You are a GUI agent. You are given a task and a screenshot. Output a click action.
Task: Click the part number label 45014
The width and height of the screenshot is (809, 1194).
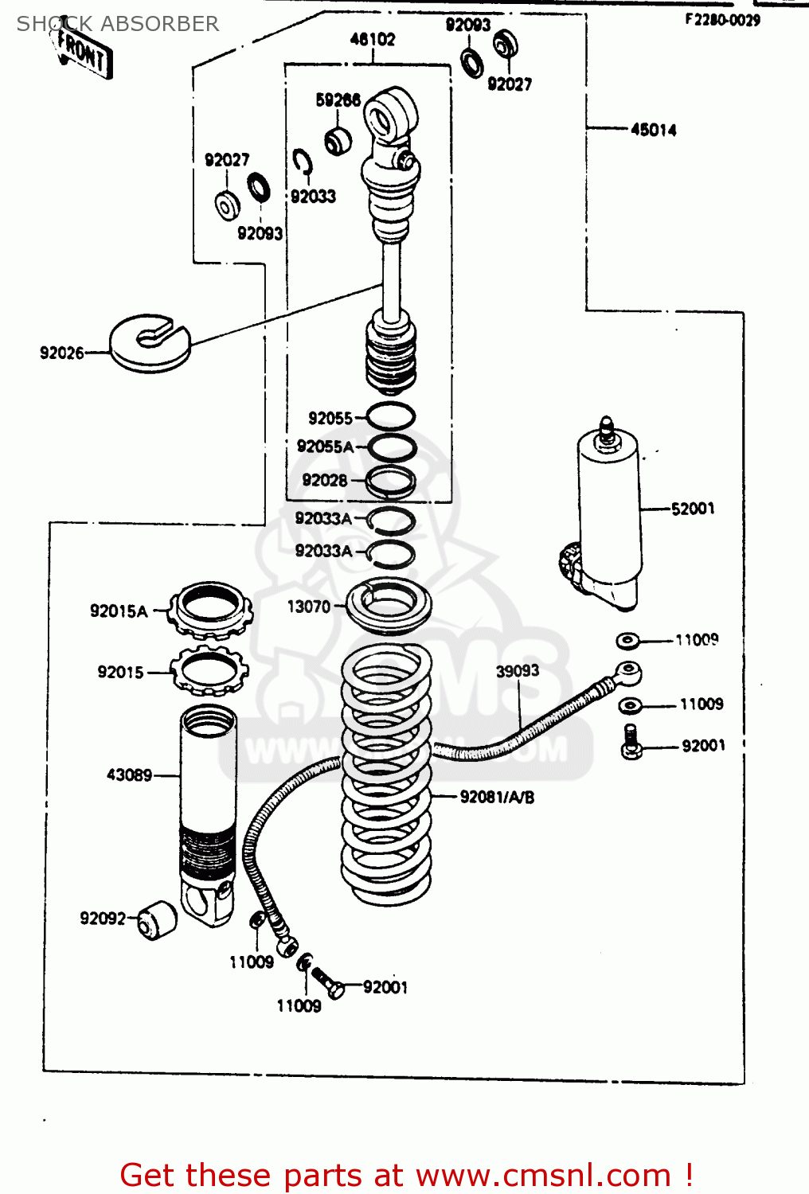click(x=653, y=130)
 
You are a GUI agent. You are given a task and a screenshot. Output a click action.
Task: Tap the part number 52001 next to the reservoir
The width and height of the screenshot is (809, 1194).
click(x=693, y=509)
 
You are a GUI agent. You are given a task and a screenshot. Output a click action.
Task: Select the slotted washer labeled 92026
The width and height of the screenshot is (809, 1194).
click(x=150, y=343)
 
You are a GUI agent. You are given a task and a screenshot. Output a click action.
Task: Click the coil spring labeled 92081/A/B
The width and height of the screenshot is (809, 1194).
click(x=386, y=776)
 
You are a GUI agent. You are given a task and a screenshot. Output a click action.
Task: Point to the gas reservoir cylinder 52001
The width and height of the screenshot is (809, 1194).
click(x=608, y=517)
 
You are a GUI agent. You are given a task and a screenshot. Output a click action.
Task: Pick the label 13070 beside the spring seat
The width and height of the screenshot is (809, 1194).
click(x=308, y=607)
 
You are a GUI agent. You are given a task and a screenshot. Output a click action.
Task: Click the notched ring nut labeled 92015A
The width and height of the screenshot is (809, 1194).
click(x=212, y=609)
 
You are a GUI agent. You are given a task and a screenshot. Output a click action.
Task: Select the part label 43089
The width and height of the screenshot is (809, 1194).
click(x=129, y=775)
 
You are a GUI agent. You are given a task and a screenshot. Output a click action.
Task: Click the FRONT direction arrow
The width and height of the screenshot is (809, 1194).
click(x=84, y=52)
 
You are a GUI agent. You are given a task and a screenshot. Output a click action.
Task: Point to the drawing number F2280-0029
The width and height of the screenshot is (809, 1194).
click(x=722, y=20)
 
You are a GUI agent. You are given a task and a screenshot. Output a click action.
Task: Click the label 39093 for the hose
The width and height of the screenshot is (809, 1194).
click(x=518, y=671)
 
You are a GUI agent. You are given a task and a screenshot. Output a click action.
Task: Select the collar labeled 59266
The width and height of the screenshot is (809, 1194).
click(x=338, y=141)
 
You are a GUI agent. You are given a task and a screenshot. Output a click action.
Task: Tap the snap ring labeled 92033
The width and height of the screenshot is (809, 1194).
click(x=302, y=162)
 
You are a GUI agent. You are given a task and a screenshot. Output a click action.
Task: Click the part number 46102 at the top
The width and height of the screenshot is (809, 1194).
click(x=372, y=39)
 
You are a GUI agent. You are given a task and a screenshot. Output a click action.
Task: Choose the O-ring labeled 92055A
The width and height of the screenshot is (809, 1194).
click(x=391, y=447)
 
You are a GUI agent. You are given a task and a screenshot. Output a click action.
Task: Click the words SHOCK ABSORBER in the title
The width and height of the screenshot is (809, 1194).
click(x=118, y=24)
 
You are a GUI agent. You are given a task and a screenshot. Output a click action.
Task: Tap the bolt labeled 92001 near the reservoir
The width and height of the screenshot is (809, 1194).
click(x=631, y=742)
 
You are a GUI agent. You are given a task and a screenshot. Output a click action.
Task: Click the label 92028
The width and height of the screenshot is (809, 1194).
click(x=325, y=480)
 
